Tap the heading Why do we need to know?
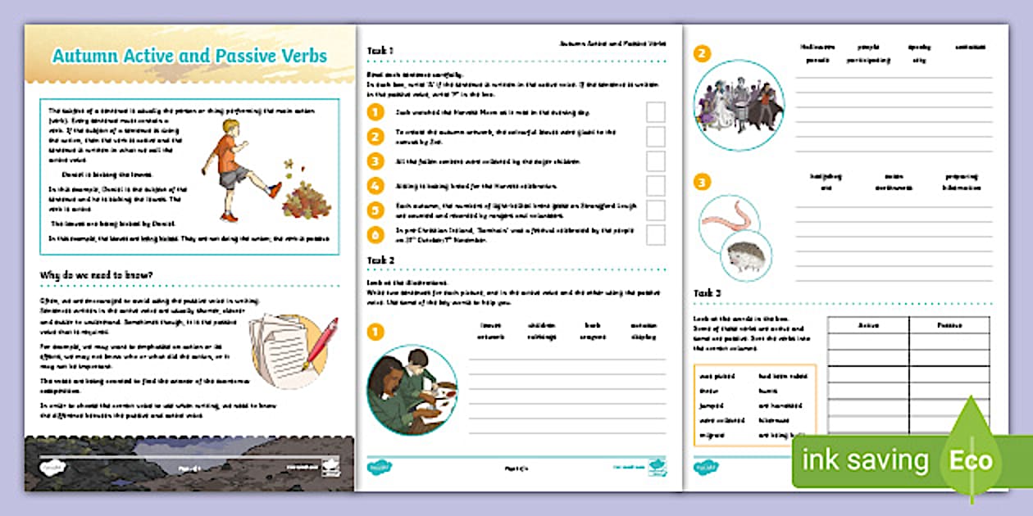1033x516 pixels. [96, 274]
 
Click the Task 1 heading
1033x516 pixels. [380, 51]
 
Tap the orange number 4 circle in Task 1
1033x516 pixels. [375, 185]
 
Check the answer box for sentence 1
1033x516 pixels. [655, 112]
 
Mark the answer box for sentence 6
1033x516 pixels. [655, 235]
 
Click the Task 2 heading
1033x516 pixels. [380, 260]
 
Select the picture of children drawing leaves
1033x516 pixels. [412, 389]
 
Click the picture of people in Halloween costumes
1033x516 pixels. [739, 105]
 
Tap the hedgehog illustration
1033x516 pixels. [746, 256]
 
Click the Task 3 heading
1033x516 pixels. [708, 293]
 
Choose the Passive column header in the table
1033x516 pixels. [949, 325]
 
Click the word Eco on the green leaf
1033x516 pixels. [971, 460]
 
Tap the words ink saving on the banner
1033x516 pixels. [865, 460]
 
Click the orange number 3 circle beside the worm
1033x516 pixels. [702, 182]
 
